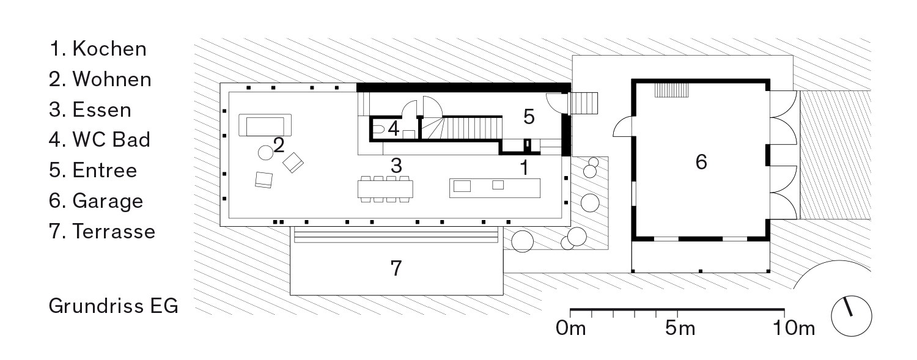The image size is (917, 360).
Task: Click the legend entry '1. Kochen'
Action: pos(98,49)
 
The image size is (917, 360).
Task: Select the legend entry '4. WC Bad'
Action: pos(100,140)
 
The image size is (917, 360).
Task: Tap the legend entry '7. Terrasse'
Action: pos(102,232)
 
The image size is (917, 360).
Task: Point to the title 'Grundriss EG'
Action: pos(113,306)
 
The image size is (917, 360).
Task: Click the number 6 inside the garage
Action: pos(701,162)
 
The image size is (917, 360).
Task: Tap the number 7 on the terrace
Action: pos(396,268)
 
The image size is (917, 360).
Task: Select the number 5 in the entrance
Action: pos(529,117)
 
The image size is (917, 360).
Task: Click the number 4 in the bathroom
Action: pos(394,128)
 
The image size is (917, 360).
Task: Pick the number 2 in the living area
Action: pos(279,145)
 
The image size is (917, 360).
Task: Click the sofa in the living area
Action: pos(265,125)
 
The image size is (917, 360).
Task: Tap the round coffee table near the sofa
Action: pos(266,153)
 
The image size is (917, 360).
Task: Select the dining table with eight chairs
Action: pos(385,189)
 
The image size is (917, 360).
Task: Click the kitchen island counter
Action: pos(495,188)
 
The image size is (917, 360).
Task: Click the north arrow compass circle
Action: pos(852,316)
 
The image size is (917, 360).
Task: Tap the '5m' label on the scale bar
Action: pos(680,328)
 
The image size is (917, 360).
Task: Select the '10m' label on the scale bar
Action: pos(794,328)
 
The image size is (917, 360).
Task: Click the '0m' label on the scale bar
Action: pos(570,328)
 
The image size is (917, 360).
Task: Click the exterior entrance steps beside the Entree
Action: pos(584,103)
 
